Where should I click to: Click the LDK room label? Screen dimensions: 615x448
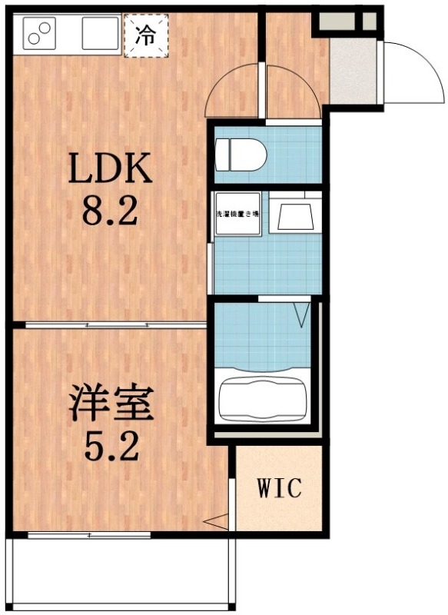coord(111,169)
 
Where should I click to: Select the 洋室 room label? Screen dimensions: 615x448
coord(112,405)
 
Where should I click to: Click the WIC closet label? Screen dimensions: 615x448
coord(279,487)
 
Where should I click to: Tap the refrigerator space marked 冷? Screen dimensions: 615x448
coord(145,34)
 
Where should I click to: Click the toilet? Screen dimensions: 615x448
coord(240,154)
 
